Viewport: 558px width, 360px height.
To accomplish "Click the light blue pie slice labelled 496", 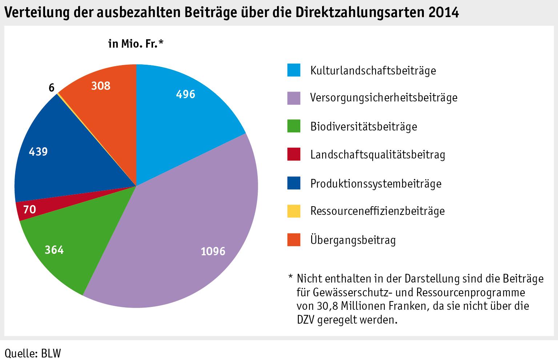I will pos(182,109).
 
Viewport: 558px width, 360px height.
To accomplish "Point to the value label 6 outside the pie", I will pos(51,88).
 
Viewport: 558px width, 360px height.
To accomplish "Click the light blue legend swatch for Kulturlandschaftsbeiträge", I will pos(294,70).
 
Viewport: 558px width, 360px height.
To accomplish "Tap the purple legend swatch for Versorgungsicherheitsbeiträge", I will pos(294,98).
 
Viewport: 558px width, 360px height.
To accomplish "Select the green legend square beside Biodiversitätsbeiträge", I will pos(294,126).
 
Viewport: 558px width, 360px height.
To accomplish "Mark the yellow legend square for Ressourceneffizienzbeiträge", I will pos(294,211).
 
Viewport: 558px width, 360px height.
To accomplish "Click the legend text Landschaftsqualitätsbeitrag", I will pos(378,155).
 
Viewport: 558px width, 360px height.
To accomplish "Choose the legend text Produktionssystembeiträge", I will pos(376,183).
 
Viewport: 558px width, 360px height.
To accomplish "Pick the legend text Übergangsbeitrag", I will pos(353,240).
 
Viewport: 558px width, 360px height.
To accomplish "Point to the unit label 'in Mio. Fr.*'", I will pos(136,44).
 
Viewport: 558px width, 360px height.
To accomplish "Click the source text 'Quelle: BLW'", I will pos(33,353).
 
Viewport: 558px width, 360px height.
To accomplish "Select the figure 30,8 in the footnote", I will pos(329,306).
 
